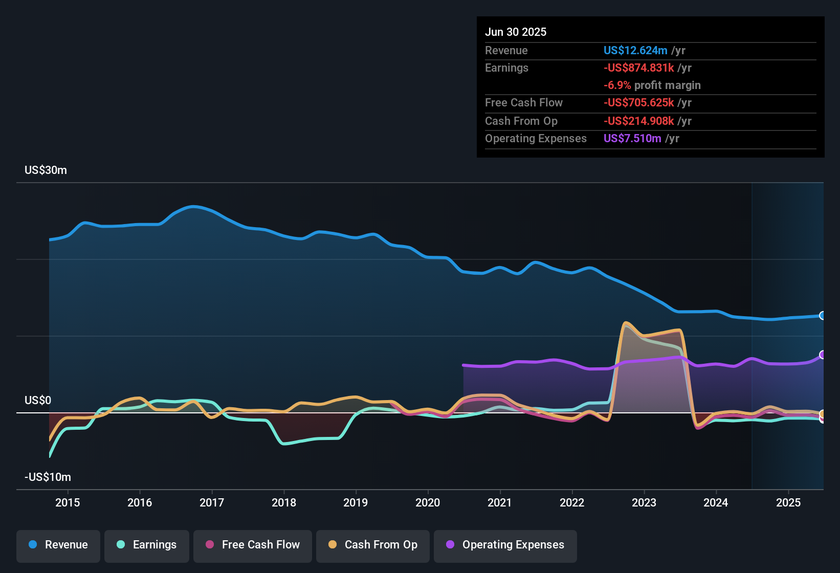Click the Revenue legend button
58,545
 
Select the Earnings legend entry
147,545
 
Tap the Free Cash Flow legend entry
253,545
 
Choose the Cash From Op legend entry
373,545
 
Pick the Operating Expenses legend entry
505,545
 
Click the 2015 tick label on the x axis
68,502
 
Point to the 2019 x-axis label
356,502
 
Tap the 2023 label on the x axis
644,502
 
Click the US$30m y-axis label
46,170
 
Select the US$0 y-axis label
38,400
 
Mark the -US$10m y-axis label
48,477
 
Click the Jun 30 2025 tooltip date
516,32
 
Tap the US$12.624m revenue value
635,50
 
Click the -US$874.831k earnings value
638,68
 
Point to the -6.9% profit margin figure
617,85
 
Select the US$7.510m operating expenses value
632,138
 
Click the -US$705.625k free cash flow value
638,102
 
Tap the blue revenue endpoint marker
822,316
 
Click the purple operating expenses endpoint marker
822,355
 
